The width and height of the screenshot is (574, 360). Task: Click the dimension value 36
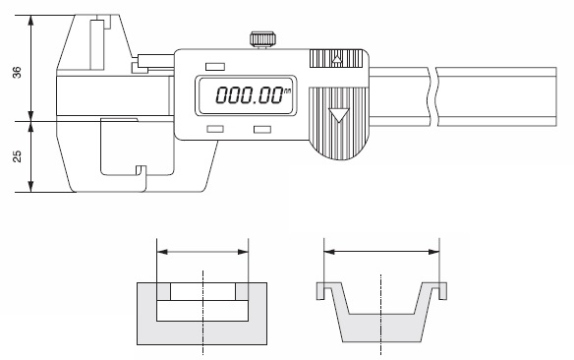point(17,72)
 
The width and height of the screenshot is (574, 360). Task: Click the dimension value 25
point(17,156)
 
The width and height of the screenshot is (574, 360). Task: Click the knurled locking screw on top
point(262,39)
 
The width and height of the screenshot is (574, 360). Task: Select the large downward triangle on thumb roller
point(339,115)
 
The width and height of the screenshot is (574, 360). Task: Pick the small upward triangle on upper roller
point(337,59)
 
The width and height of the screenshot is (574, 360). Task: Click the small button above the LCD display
point(215,67)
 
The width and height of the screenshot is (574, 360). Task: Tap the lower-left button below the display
point(215,129)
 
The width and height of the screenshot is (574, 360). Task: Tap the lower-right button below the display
point(262,129)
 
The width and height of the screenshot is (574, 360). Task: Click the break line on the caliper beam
point(433,96)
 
